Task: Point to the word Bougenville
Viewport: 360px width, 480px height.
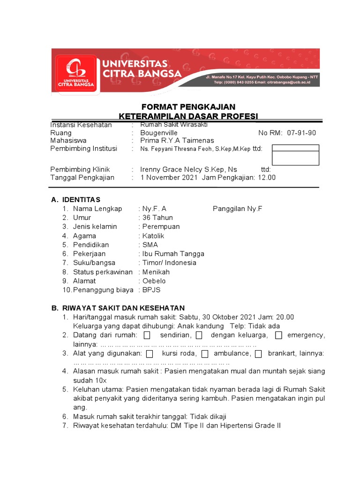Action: pos(159,133)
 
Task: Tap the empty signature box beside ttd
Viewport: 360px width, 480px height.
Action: pos(295,155)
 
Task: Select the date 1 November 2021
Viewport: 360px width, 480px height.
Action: pos(169,177)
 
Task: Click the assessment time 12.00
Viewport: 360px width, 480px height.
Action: pos(267,177)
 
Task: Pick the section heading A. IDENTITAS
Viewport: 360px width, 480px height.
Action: pos(76,200)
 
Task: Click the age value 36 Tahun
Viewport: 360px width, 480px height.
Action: pos(157,217)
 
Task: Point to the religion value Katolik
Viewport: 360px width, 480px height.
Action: pos(153,236)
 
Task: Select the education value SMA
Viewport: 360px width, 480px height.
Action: pos(150,245)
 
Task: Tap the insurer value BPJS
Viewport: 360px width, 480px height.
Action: pos(151,290)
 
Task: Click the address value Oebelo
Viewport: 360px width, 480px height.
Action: pos(154,281)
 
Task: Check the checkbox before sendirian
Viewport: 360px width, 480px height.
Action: pos(147,335)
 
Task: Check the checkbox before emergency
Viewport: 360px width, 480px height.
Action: pos(278,335)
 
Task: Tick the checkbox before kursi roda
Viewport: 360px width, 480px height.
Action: pos(150,353)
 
